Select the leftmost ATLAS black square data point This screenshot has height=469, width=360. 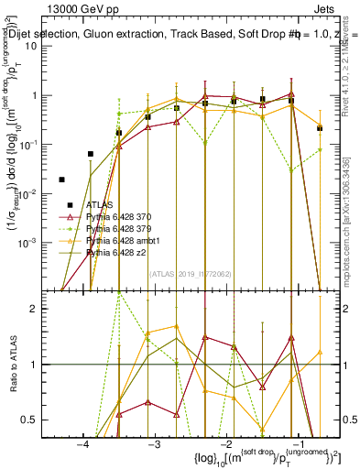[62, 180]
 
